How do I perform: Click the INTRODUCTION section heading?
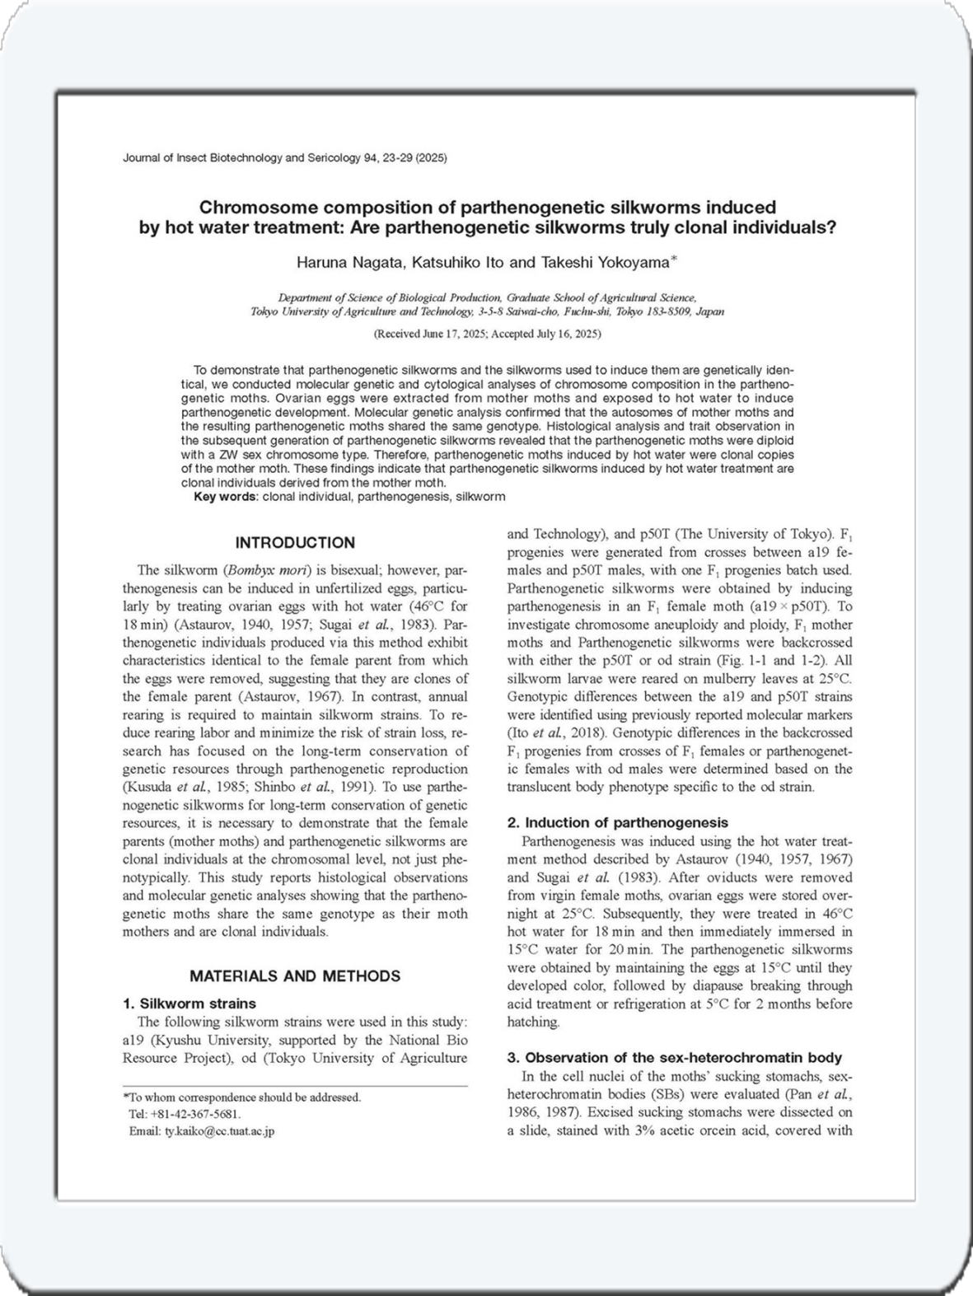295,543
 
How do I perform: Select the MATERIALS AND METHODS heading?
295,976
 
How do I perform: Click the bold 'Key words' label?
225,497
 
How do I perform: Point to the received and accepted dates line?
487,334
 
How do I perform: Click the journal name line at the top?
284,157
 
